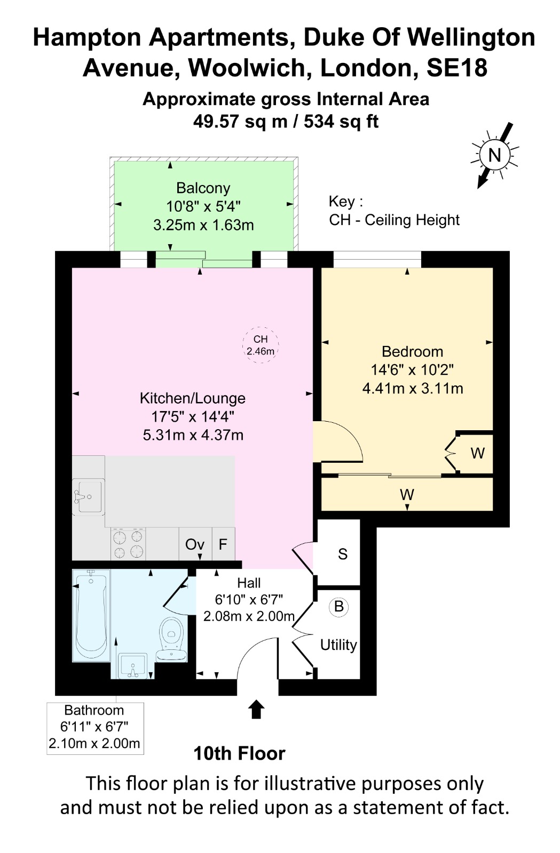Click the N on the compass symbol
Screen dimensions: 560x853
point(494,155)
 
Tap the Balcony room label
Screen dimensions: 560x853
point(203,188)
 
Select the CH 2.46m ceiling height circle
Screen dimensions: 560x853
point(261,344)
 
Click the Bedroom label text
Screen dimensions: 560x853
point(413,351)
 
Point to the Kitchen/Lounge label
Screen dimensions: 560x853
point(193,398)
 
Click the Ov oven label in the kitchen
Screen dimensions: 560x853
point(195,544)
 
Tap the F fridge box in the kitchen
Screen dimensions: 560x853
point(223,544)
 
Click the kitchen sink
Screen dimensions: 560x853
point(89,496)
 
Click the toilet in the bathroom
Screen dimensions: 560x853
point(171,640)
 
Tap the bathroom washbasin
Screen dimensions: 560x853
point(133,666)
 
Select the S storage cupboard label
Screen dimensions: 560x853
point(343,554)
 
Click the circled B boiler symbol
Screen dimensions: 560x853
point(339,606)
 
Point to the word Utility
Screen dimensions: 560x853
point(338,645)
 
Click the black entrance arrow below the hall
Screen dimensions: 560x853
point(256,709)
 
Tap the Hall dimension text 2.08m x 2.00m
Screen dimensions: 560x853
point(249,616)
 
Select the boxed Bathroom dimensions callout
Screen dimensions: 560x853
point(95,728)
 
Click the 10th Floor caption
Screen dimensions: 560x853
point(239,753)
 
